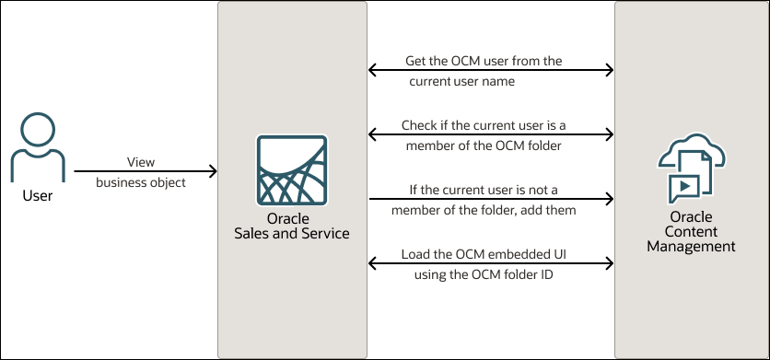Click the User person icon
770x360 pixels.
coord(38,147)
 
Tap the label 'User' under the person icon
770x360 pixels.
coord(38,196)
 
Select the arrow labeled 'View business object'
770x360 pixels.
coord(146,171)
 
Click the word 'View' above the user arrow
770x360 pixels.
coord(141,161)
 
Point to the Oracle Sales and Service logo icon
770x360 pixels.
coord(292,170)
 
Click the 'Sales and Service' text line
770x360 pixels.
coord(292,233)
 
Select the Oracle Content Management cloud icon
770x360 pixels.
coord(692,168)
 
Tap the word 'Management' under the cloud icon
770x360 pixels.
coord(691,246)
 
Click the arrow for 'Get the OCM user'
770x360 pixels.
coord(491,70)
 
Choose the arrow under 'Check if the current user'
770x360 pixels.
coord(491,134)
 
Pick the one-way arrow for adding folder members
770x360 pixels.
coord(492,199)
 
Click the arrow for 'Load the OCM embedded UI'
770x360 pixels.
coord(491,263)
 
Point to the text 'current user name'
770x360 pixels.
coord(462,82)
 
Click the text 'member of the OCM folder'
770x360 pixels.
coord(484,145)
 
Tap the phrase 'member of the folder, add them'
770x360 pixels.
coord(484,211)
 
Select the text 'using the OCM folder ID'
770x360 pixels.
coord(484,274)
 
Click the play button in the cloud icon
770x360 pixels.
coord(684,187)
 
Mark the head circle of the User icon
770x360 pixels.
coord(38,130)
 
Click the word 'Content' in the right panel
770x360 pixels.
coord(691,231)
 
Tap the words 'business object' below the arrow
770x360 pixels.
coord(141,182)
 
